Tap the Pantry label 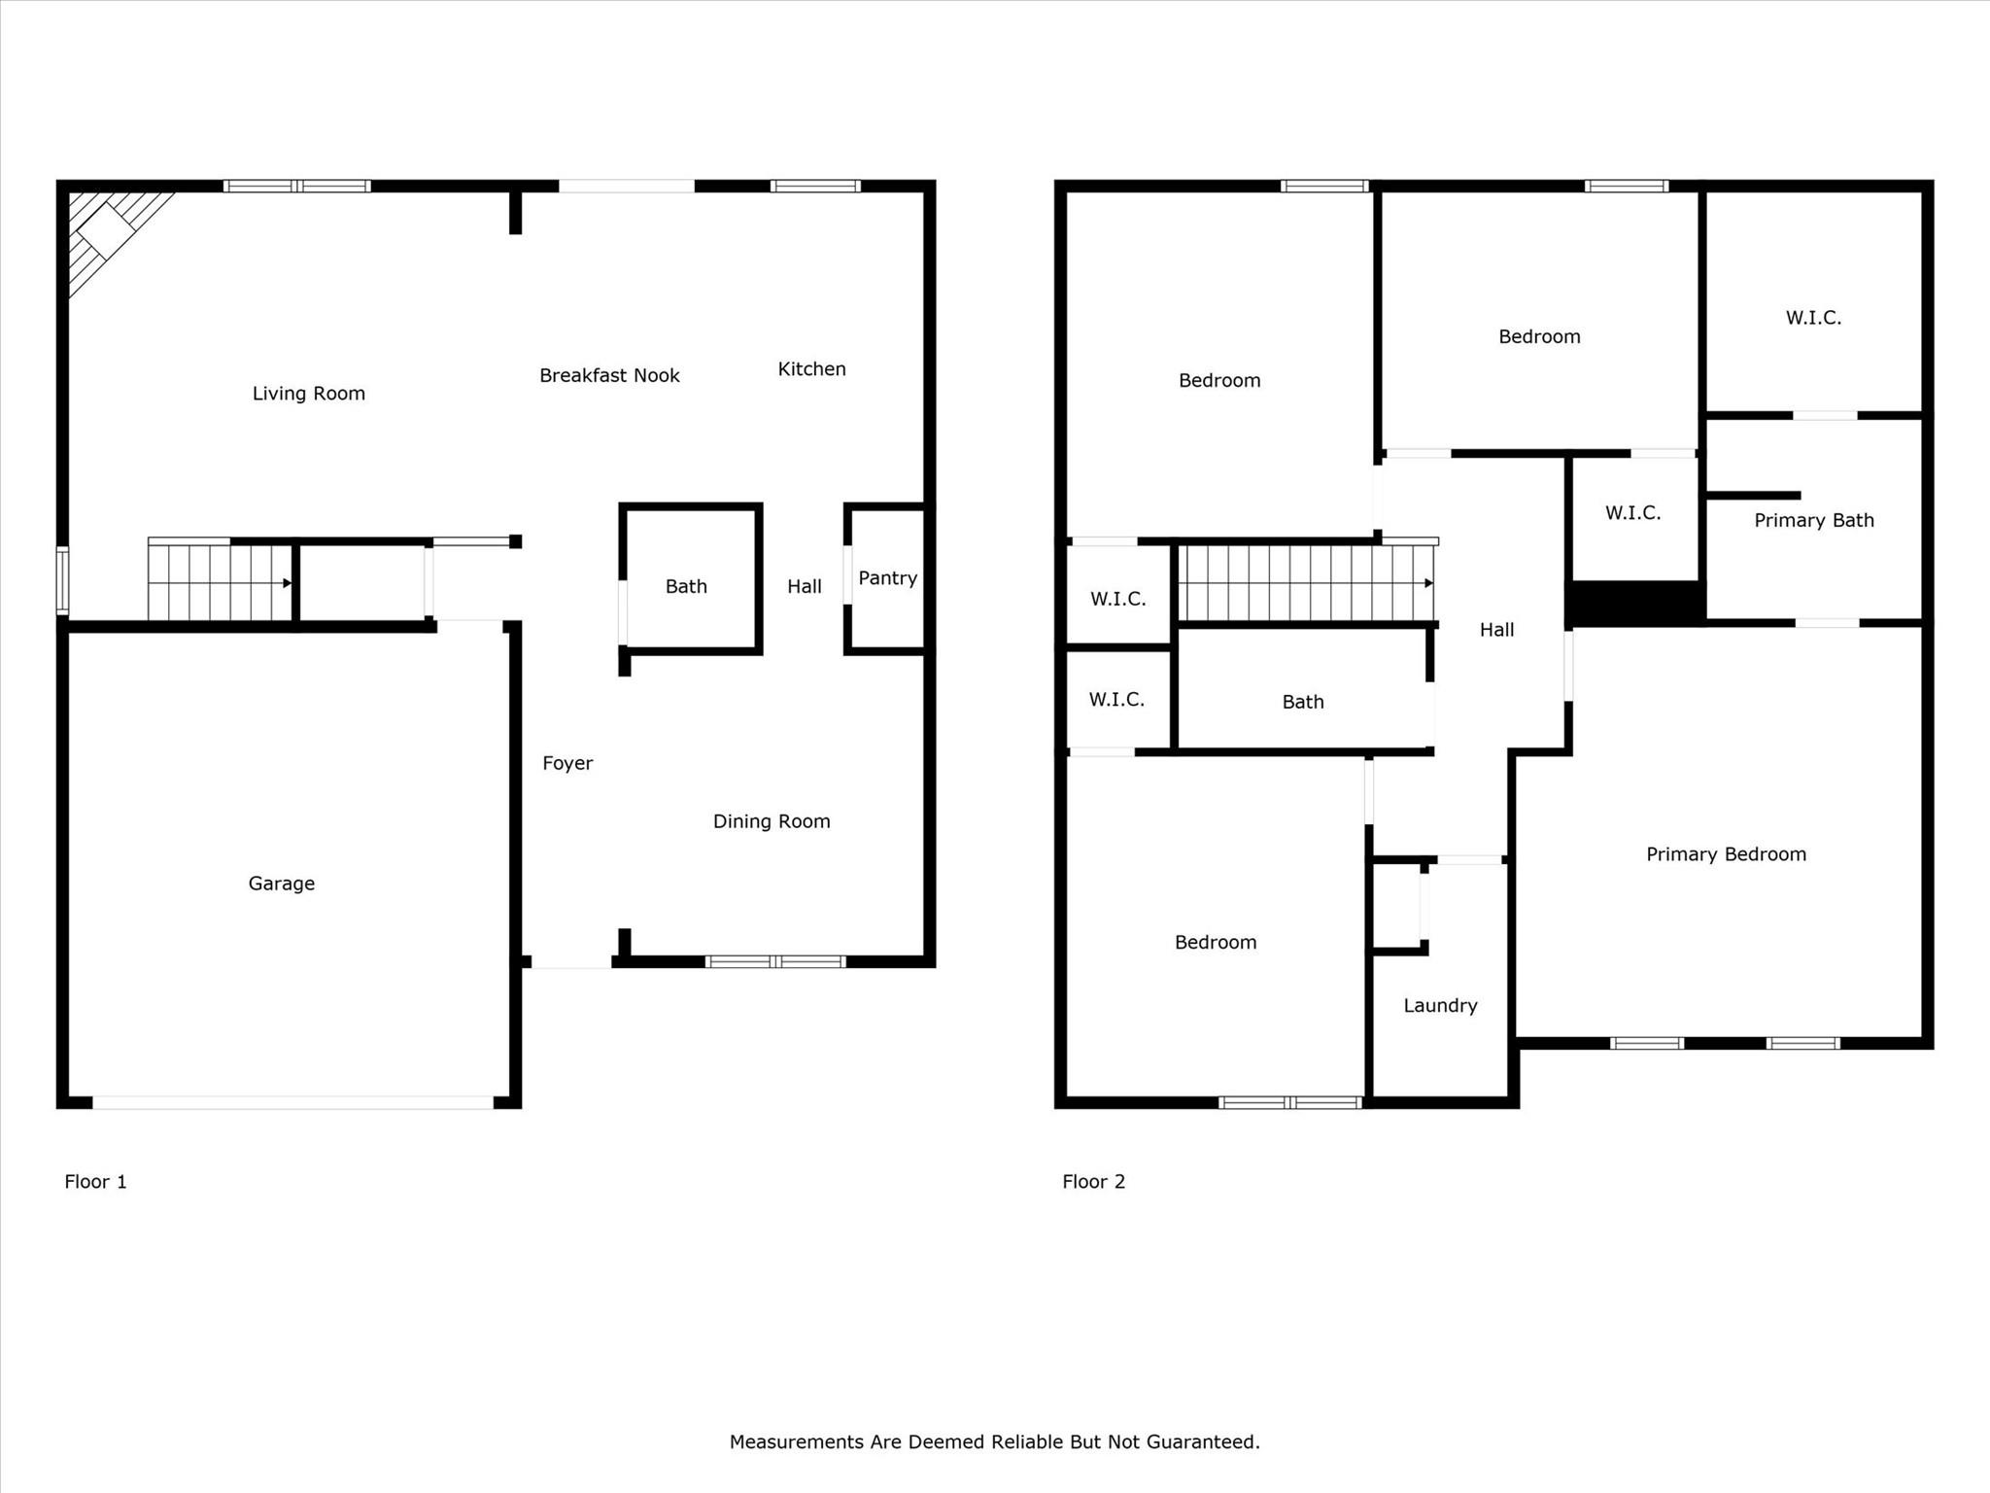[x=887, y=578]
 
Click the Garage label [x=281, y=884]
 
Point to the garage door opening [x=292, y=1102]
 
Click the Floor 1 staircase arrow [x=287, y=583]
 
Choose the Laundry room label [x=1440, y=1006]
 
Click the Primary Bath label [x=1813, y=521]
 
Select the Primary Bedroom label [x=1726, y=854]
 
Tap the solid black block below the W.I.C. [x=1634, y=603]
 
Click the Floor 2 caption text [x=1093, y=1182]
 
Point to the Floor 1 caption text [x=95, y=1182]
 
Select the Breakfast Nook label [x=609, y=376]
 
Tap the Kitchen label [x=811, y=369]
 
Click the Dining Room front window [x=775, y=962]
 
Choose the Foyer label [x=567, y=764]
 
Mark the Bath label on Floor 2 [x=1302, y=702]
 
